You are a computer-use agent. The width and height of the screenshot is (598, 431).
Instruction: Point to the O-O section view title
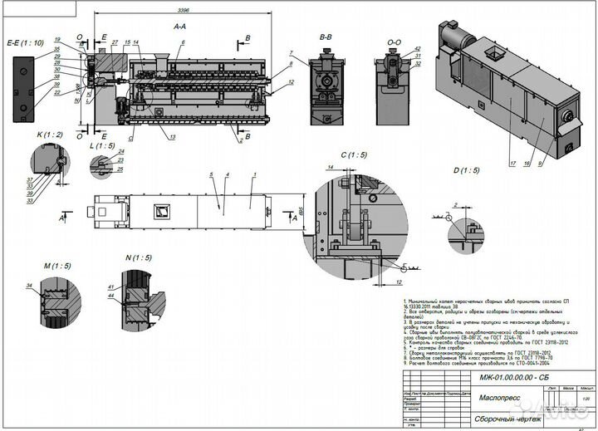click(395, 37)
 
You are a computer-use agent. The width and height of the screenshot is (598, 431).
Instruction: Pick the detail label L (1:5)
click(100, 144)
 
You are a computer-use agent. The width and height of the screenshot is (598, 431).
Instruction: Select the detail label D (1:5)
click(465, 171)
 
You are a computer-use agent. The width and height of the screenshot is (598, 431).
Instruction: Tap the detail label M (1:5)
click(56, 265)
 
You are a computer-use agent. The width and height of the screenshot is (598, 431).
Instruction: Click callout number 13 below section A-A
click(173, 135)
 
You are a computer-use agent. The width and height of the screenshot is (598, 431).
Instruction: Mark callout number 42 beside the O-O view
click(418, 49)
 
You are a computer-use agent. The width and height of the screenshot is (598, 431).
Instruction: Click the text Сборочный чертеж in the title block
click(507, 419)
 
